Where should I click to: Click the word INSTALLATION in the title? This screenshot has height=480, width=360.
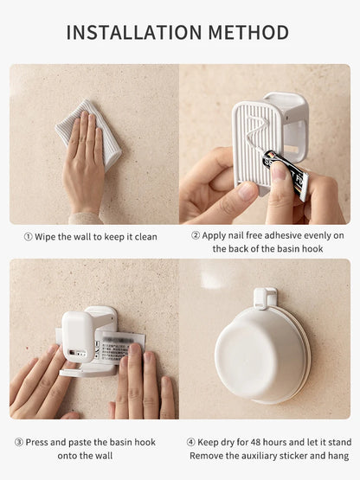(x=134, y=33)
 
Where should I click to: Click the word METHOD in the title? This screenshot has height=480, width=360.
(x=248, y=33)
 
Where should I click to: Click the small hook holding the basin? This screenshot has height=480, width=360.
(x=265, y=298)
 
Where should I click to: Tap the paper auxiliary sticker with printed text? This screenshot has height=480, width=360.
(x=118, y=348)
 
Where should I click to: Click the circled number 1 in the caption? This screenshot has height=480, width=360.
(x=28, y=237)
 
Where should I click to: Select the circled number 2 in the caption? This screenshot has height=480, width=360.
(x=196, y=235)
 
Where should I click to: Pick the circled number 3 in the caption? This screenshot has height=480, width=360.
(x=19, y=442)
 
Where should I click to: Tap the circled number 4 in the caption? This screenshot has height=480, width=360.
(x=191, y=442)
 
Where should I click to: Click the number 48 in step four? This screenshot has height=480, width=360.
(x=256, y=442)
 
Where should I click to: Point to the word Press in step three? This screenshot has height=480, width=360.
(x=36, y=442)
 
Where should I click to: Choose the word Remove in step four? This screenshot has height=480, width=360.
(x=206, y=456)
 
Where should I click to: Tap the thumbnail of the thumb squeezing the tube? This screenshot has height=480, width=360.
(x=280, y=172)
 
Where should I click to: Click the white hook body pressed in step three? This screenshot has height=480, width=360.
(x=78, y=336)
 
